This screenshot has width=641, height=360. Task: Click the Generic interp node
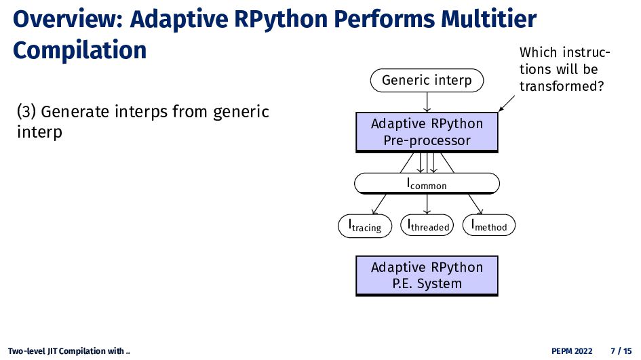tap(427, 81)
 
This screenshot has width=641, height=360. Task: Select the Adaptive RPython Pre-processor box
tap(427, 132)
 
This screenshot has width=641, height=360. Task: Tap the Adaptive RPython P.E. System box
tap(427, 275)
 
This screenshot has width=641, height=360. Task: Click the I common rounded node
tap(427, 183)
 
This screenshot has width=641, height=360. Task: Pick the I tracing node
tap(365, 226)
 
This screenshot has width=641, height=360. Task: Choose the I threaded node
tap(427, 225)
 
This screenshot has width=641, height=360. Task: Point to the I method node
tap(489, 225)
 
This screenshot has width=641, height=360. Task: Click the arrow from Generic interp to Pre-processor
tap(427, 102)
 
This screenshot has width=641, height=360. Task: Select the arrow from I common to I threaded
tap(427, 204)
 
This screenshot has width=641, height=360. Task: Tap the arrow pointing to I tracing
tap(379, 204)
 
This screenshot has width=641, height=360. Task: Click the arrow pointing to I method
tap(475, 204)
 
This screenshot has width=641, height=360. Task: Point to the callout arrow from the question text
tap(507, 103)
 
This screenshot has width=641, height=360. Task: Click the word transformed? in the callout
tap(561, 86)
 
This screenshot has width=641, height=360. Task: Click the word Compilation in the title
tap(80, 50)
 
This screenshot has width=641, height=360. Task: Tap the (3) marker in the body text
tap(26, 112)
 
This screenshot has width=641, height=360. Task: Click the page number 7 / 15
tap(621, 351)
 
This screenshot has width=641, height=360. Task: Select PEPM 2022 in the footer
tap(572, 351)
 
